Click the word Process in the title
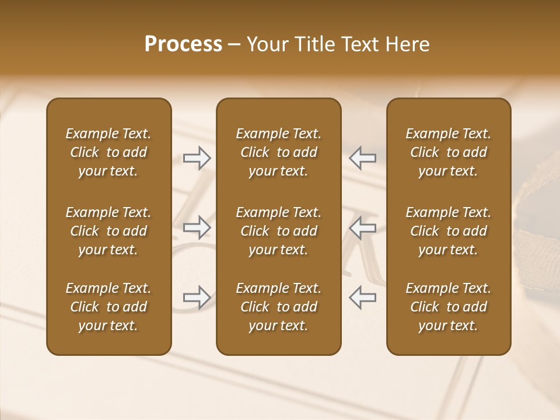[x=183, y=44]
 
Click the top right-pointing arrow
[x=197, y=157]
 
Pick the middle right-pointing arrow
[x=197, y=228]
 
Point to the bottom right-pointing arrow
[x=197, y=297]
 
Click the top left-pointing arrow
[x=363, y=157]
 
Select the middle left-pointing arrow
[x=363, y=228]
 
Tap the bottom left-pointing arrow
[x=363, y=297]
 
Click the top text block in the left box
[x=108, y=152]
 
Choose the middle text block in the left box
[x=108, y=231]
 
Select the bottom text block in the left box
[x=108, y=307]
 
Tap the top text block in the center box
[x=278, y=152]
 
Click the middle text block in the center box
[x=278, y=231]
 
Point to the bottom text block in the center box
[x=278, y=307]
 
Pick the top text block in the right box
[x=449, y=152]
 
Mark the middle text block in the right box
[x=449, y=231]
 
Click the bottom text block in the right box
[x=449, y=307]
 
